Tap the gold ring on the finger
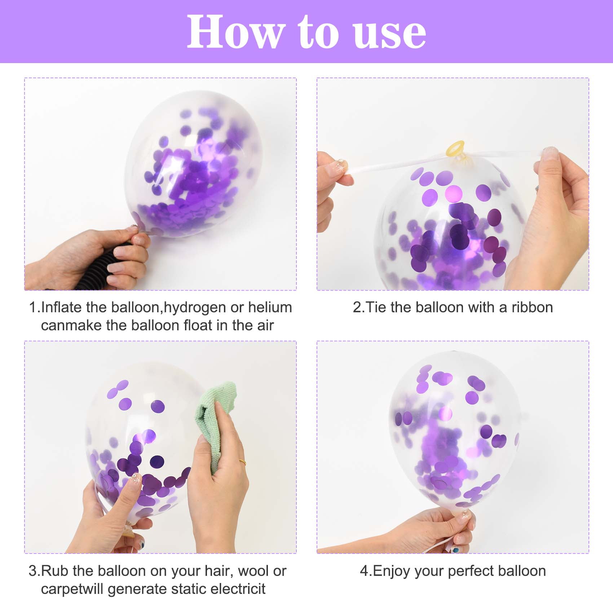pyautogui.click(x=243, y=461)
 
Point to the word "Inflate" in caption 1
pyautogui.click(x=62, y=307)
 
